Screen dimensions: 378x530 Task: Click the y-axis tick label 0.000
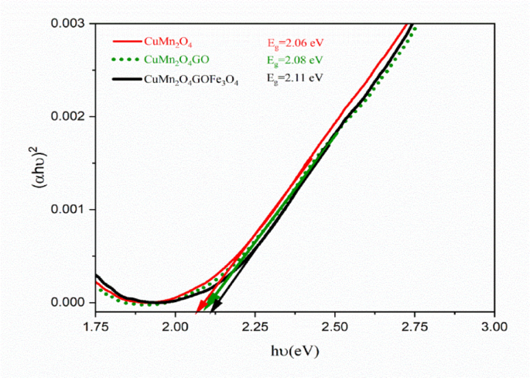point(72,302)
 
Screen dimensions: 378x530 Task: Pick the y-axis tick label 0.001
point(72,209)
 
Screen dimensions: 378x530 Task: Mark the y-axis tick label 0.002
point(72,116)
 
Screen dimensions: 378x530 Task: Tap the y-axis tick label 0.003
point(72,23)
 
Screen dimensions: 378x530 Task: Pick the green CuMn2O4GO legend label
point(176,60)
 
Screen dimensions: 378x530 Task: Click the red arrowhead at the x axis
point(200,308)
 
